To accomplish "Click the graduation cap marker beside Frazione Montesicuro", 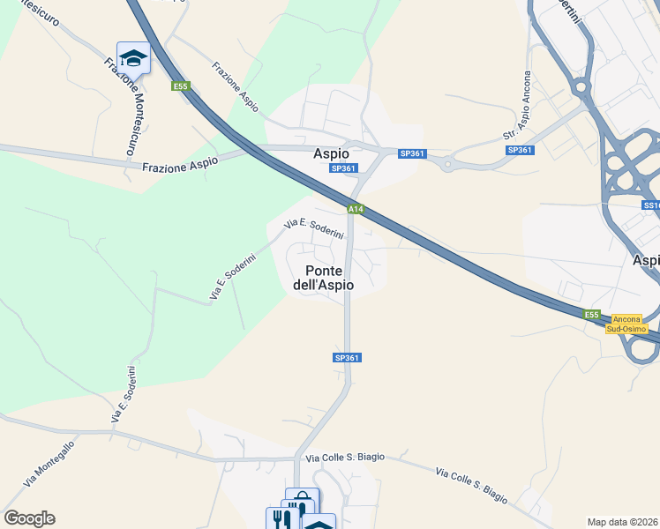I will click(x=133, y=58).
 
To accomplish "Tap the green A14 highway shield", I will click(x=355, y=209).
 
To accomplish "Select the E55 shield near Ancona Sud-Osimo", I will click(x=591, y=315).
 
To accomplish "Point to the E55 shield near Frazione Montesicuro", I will click(x=181, y=86).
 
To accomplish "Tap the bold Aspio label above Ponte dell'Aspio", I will click(x=333, y=153).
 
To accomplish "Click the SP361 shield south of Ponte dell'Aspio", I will click(x=347, y=357).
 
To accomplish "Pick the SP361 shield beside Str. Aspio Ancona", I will click(x=520, y=150).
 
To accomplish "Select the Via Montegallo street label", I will click(x=49, y=464).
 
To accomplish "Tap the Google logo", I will click(x=29, y=518).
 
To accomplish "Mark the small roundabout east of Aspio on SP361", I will click(x=448, y=163).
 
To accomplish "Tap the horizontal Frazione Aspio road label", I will click(x=179, y=164).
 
